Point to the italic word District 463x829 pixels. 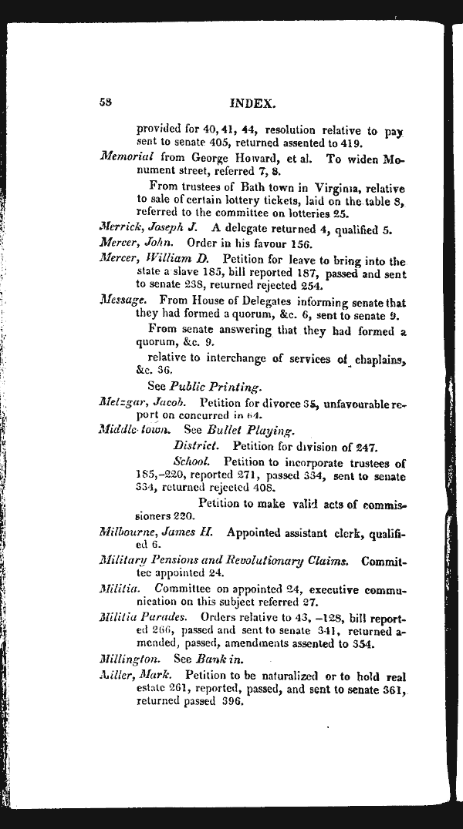pyautogui.click(x=199, y=445)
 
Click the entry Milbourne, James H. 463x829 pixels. pyautogui.click(x=159, y=532)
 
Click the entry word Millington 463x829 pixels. pyautogui.click(x=130, y=659)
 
